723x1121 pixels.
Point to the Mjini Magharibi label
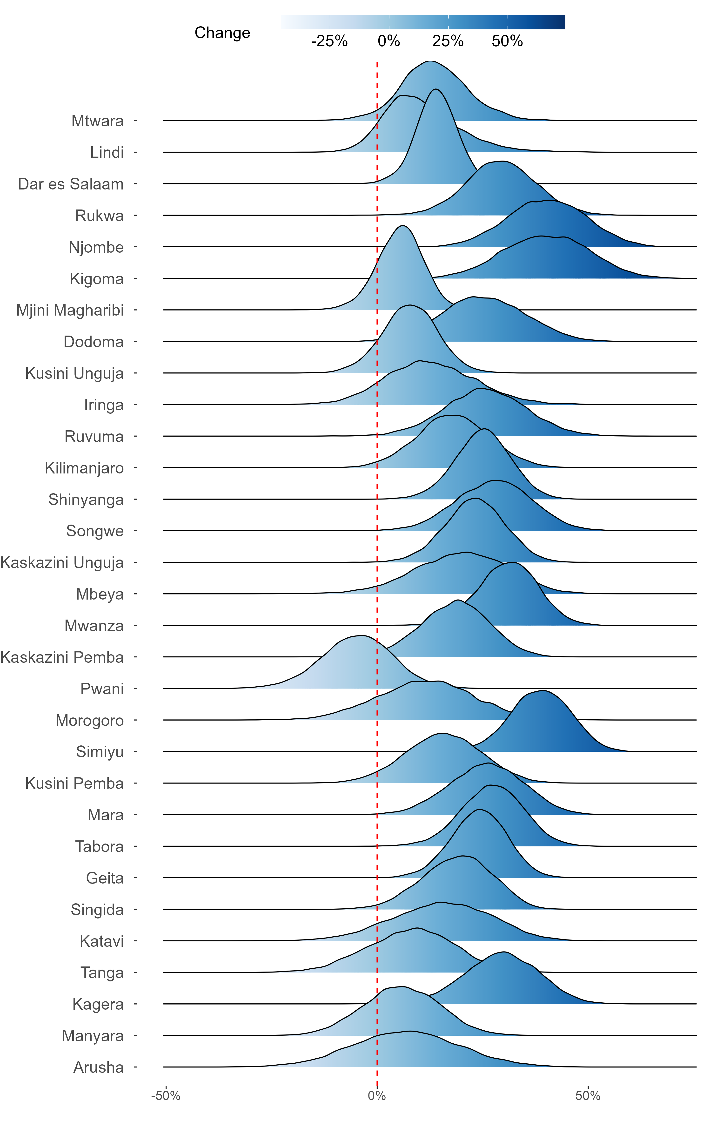70,311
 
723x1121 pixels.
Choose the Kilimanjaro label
84,468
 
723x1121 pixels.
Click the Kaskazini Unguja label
62,563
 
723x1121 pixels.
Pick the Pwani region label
102,689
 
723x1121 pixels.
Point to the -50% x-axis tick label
165,1096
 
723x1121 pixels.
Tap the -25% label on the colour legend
329,41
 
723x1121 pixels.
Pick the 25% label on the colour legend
448,41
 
